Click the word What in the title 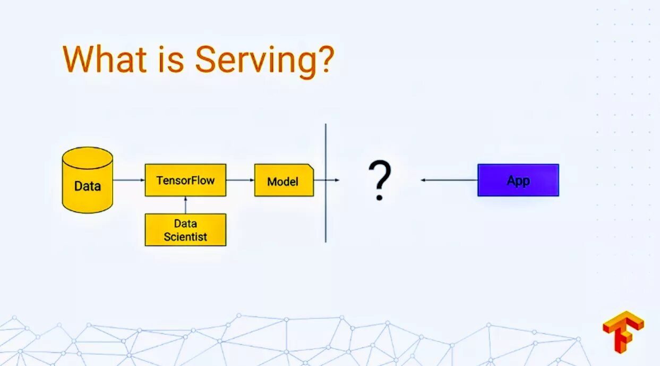point(104,59)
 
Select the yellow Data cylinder point(88,180)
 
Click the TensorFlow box point(185,180)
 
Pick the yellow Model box point(284,181)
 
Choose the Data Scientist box point(185,230)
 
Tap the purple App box point(518,180)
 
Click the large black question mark point(380,181)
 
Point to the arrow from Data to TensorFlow point(128,180)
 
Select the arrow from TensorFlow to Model point(240,180)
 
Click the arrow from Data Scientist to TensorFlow point(185,205)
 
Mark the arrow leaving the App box point(449,180)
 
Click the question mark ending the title point(324,59)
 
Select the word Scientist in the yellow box point(185,237)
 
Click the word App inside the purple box point(518,181)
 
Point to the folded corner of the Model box point(310,168)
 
